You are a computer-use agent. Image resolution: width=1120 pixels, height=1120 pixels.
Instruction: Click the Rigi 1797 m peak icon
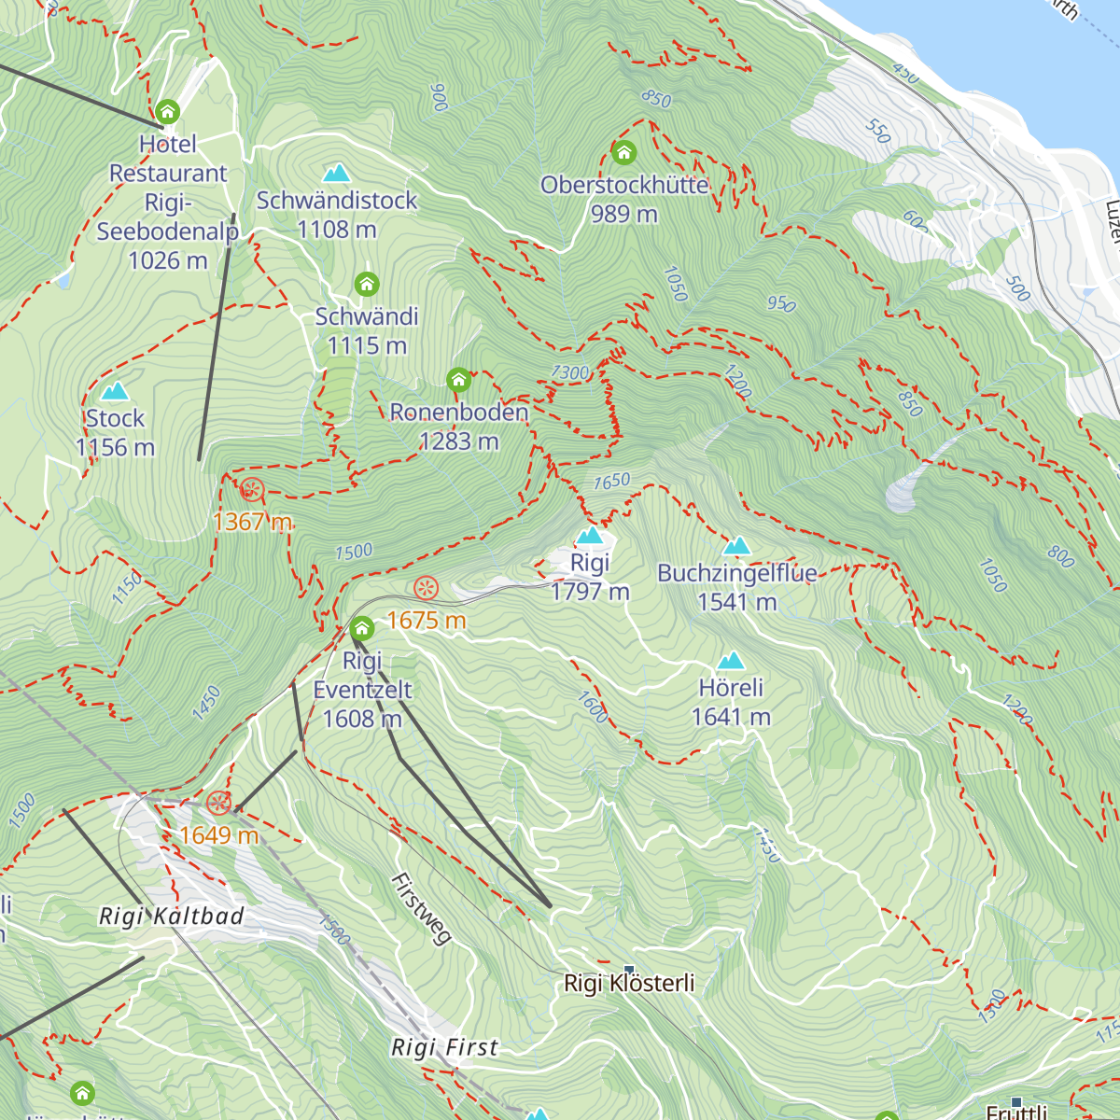click(x=590, y=536)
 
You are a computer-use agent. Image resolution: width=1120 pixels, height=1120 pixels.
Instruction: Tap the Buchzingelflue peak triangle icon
click(x=737, y=546)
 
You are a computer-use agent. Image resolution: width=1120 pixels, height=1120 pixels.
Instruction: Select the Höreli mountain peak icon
click(x=731, y=661)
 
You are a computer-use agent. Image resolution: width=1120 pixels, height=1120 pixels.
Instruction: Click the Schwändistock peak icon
click(x=336, y=173)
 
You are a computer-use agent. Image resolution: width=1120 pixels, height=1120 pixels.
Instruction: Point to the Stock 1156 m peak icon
click(x=115, y=391)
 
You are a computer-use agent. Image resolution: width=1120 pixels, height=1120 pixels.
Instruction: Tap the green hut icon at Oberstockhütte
click(x=623, y=151)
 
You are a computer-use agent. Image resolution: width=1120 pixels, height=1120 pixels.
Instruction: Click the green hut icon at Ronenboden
click(x=458, y=380)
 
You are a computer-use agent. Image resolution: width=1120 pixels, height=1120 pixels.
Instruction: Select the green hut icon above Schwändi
click(x=367, y=283)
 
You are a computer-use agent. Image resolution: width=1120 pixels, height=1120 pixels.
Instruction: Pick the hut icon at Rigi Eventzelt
click(x=362, y=628)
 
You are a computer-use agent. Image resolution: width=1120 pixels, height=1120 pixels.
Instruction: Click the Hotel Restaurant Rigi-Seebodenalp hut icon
click(x=168, y=112)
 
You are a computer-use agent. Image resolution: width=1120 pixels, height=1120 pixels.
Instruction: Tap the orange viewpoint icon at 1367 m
click(x=251, y=489)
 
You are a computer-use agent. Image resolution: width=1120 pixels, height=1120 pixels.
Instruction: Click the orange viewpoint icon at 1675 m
click(x=426, y=588)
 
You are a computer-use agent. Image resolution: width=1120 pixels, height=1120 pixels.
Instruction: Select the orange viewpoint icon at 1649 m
click(x=218, y=803)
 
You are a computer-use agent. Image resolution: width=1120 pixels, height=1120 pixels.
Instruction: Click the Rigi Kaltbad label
click(x=172, y=917)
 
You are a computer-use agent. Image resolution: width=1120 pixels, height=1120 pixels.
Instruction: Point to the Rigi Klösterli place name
click(x=629, y=984)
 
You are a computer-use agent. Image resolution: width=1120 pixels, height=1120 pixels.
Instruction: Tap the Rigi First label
click(x=445, y=1048)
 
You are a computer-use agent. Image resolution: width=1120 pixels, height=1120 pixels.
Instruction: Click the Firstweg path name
click(x=421, y=909)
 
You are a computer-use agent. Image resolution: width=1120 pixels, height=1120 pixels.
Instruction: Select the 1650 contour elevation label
click(x=612, y=482)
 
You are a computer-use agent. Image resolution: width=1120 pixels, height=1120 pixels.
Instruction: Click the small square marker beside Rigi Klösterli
click(x=629, y=970)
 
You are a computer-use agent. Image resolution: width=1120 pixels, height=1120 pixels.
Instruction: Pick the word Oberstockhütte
click(x=623, y=185)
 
